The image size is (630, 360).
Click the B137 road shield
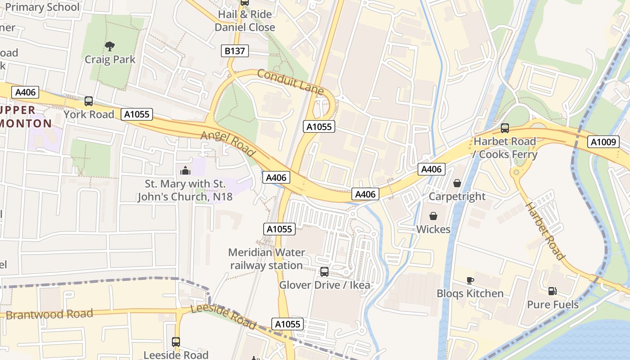tap(235, 51)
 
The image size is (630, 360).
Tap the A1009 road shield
tap(603, 142)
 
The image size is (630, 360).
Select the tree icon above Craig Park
tap(109, 46)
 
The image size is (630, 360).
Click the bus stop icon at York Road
tap(89, 101)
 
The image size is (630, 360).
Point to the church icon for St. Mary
tap(185, 171)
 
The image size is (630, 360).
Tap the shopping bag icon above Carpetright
tap(457, 183)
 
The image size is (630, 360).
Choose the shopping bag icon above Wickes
tap(433, 216)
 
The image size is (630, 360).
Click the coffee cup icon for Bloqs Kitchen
tap(470, 280)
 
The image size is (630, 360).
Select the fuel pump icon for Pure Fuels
tap(552, 291)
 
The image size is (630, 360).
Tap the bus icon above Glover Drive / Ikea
tap(324, 272)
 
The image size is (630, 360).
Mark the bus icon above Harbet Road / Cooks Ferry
tap(505, 128)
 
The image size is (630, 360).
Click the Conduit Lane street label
tap(290, 81)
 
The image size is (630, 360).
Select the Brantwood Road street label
tap(49, 314)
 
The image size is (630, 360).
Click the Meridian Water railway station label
tap(266, 259)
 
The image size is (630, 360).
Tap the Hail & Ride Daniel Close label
tap(245, 21)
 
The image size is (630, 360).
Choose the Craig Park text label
tap(110, 59)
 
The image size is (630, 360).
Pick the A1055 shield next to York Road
tap(137, 114)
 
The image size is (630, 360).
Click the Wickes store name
tap(433, 229)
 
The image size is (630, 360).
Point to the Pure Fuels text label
tap(553, 305)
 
